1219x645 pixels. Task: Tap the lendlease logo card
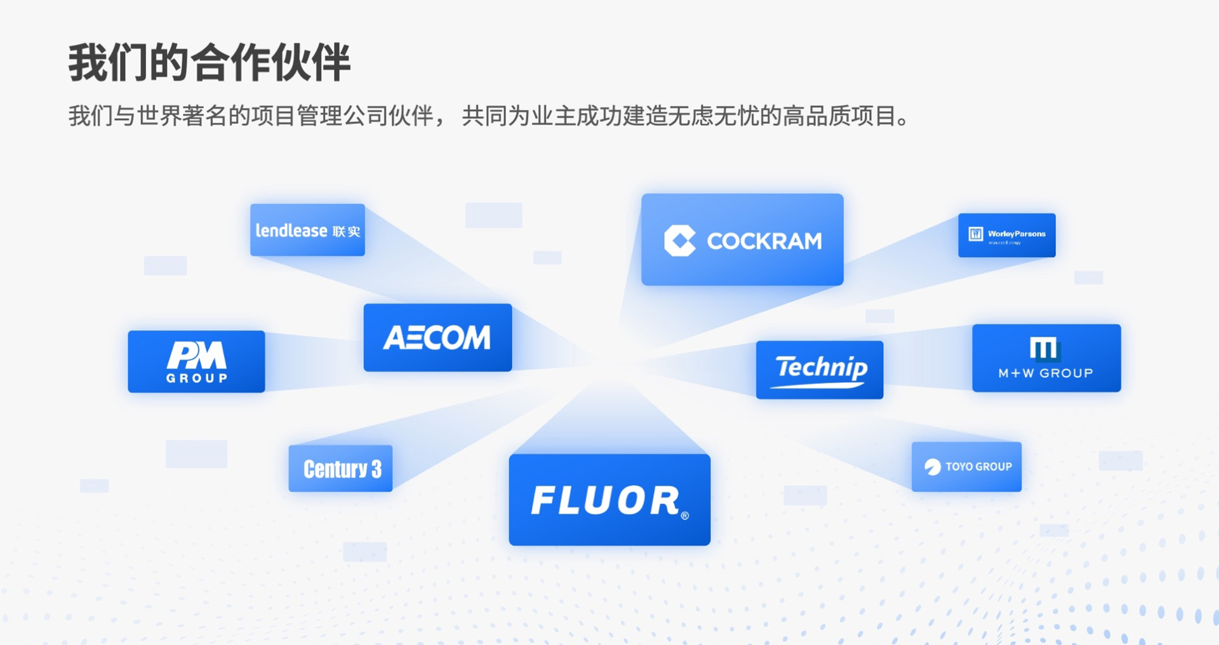[x=307, y=230]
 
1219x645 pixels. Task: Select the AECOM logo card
[x=437, y=337]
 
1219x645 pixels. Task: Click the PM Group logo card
[x=196, y=361]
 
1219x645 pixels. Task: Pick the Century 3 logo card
[x=340, y=469]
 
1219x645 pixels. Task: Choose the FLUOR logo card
[x=609, y=500]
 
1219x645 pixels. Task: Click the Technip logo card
[x=819, y=369]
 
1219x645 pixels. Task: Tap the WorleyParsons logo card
[x=1006, y=235]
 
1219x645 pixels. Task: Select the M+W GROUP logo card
[x=1046, y=358]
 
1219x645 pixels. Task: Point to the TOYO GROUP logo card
[x=966, y=467]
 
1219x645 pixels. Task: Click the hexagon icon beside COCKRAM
[x=680, y=241]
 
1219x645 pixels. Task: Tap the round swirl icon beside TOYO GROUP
[x=932, y=467]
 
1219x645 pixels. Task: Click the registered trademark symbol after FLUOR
[x=684, y=515]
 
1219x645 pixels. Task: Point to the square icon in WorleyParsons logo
[x=975, y=234]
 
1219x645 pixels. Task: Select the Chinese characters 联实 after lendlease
[x=347, y=232]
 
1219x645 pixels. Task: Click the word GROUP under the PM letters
[x=196, y=378]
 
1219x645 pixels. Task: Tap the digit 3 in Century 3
[x=376, y=469]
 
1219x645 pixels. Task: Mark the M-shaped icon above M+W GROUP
[x=1044, y=349]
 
